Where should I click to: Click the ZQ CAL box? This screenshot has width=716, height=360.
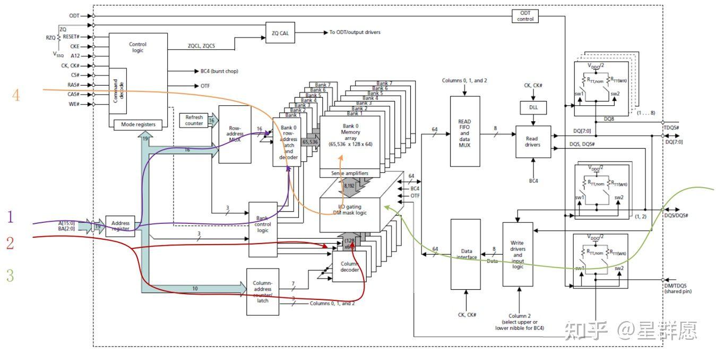280,32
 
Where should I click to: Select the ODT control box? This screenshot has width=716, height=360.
525,16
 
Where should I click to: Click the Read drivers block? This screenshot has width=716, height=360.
533,141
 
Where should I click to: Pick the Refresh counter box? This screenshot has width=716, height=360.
194,120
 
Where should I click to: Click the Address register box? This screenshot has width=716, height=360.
120,227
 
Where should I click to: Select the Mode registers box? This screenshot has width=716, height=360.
138,124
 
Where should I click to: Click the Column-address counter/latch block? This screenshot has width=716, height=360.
263,292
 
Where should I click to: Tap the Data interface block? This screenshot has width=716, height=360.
465,254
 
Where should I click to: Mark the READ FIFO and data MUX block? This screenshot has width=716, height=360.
465,131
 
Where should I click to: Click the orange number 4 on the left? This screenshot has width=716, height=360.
16,96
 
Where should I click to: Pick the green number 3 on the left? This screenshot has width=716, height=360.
10,275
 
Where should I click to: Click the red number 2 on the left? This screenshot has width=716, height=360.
10,244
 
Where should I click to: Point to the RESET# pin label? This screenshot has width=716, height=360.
71,37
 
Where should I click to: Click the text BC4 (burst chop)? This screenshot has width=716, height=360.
219,71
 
